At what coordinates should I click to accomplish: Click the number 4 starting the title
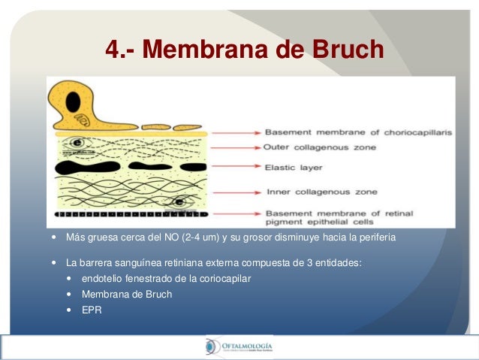click(112, 50)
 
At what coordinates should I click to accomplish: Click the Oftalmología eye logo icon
click(212, 346)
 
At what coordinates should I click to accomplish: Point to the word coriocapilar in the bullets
click(226, 279)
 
